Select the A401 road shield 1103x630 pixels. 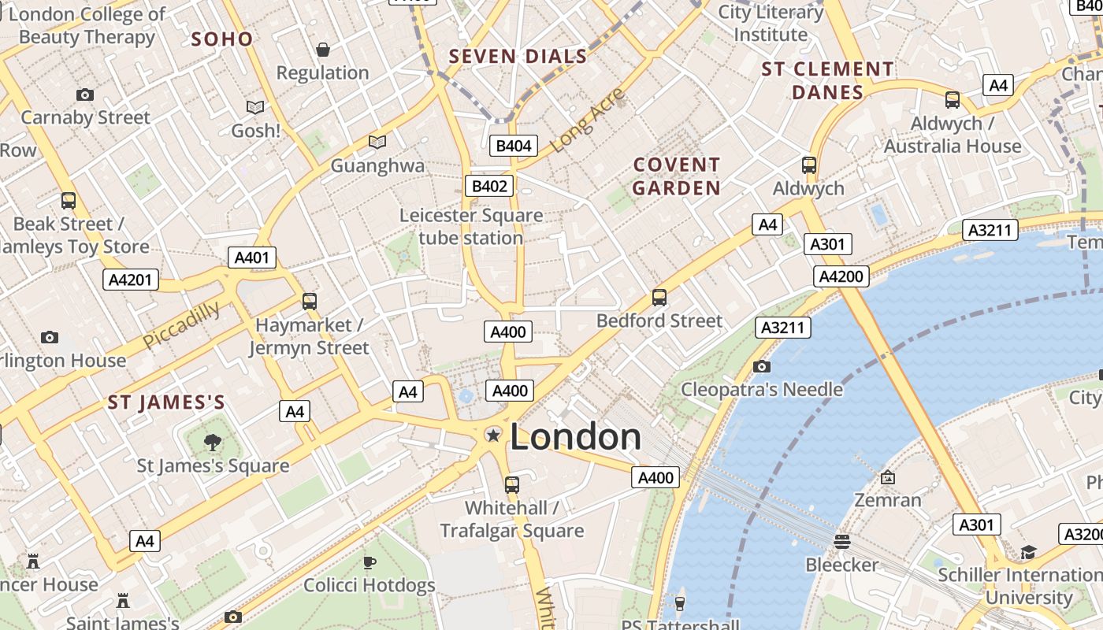(x=252, y=257)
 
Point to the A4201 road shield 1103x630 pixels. (x=131, y=280)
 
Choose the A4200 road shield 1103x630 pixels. (x=841, y=276)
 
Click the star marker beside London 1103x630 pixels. (x=493, y=435)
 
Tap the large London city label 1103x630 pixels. (x=576, y=437)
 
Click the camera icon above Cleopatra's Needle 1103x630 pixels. (x=761, y=366)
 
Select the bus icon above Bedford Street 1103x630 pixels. (x=659, y=298)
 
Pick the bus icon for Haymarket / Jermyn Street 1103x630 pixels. (x=310, y=301)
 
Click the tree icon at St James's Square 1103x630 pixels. (x=213, y=442)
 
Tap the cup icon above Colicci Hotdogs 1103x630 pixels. (x=369, y=562)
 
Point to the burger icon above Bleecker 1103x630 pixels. (x=842, y=542)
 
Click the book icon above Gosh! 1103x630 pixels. (x=255, y=107)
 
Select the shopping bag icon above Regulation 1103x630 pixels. (x=323, y=50)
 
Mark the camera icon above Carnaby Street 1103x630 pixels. (x=85, y=94)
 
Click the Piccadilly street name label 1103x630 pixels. (x=182, y=324)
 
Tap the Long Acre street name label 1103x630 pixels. (x=587, y=120)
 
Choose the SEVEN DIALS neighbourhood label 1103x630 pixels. (x=518, y=56)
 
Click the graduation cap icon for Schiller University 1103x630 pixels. (x=1028, y=552)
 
